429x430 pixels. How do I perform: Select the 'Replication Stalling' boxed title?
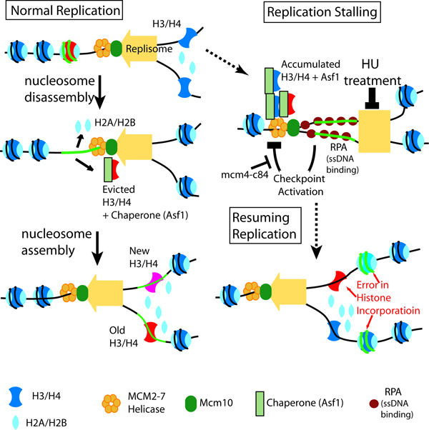320,12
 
